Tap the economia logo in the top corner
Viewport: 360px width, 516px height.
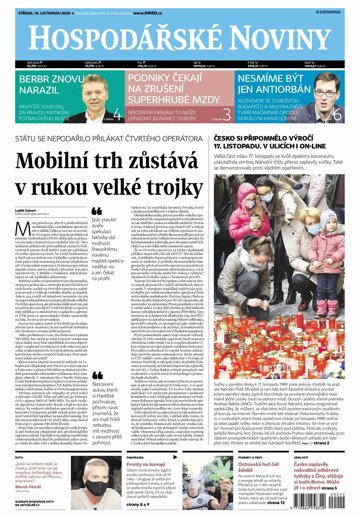pos(339,11)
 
